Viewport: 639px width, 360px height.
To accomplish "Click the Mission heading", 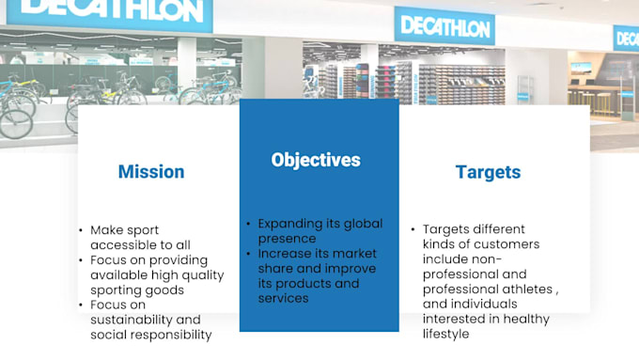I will tap(150, 172).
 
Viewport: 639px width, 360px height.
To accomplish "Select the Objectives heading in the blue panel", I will tap(315, 160).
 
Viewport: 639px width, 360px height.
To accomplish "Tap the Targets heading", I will tap(488, 172).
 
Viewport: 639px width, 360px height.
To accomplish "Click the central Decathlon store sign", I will tap(444, 26).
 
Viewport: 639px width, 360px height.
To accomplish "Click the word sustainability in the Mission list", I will tap(132, 320).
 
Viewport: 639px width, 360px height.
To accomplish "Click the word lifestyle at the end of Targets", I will tap(444, 334).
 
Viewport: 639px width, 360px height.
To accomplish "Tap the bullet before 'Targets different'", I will tap(413, 229).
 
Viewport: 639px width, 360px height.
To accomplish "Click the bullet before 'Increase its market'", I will tap(249, 254).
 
